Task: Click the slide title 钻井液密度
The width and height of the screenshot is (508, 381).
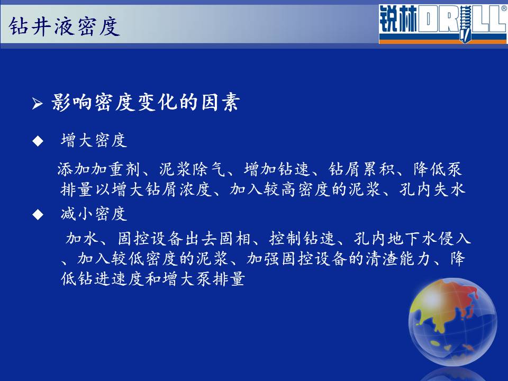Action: point(64,26)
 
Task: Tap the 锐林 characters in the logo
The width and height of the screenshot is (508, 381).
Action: point(398,20)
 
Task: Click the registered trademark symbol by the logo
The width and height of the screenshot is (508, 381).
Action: point(504,9)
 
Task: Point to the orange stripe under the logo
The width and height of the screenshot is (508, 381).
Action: point(442,41)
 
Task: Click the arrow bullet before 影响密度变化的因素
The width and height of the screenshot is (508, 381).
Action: point(37,103)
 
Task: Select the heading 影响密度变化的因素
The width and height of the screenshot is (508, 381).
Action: point(146,103)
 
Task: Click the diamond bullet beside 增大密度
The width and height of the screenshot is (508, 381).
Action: point(38,141)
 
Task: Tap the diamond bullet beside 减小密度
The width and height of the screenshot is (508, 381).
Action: point(38,214)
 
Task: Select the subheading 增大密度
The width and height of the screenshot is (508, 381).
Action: point(94,140)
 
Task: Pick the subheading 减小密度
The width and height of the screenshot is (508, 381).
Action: point(94,214)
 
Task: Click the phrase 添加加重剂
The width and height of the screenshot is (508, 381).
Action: point(98,169)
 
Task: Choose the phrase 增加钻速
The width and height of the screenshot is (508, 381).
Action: point(277,169)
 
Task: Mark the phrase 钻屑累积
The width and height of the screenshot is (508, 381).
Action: point(362,169)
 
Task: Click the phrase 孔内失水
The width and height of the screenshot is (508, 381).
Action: point(432,189)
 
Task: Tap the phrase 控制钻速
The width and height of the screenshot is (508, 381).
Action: point(302,239)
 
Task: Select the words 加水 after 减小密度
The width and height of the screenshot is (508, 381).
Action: point(82,239)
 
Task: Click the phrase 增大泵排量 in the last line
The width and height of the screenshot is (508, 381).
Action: point(203,279)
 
